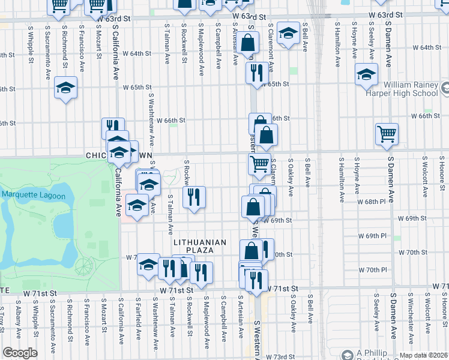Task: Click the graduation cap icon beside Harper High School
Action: pos(366,76)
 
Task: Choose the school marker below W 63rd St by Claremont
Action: pos(288,34)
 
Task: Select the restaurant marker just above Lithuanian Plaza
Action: pos(194,197)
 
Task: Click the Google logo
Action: pos(20,353)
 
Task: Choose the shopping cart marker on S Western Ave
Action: pos(259,163)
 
